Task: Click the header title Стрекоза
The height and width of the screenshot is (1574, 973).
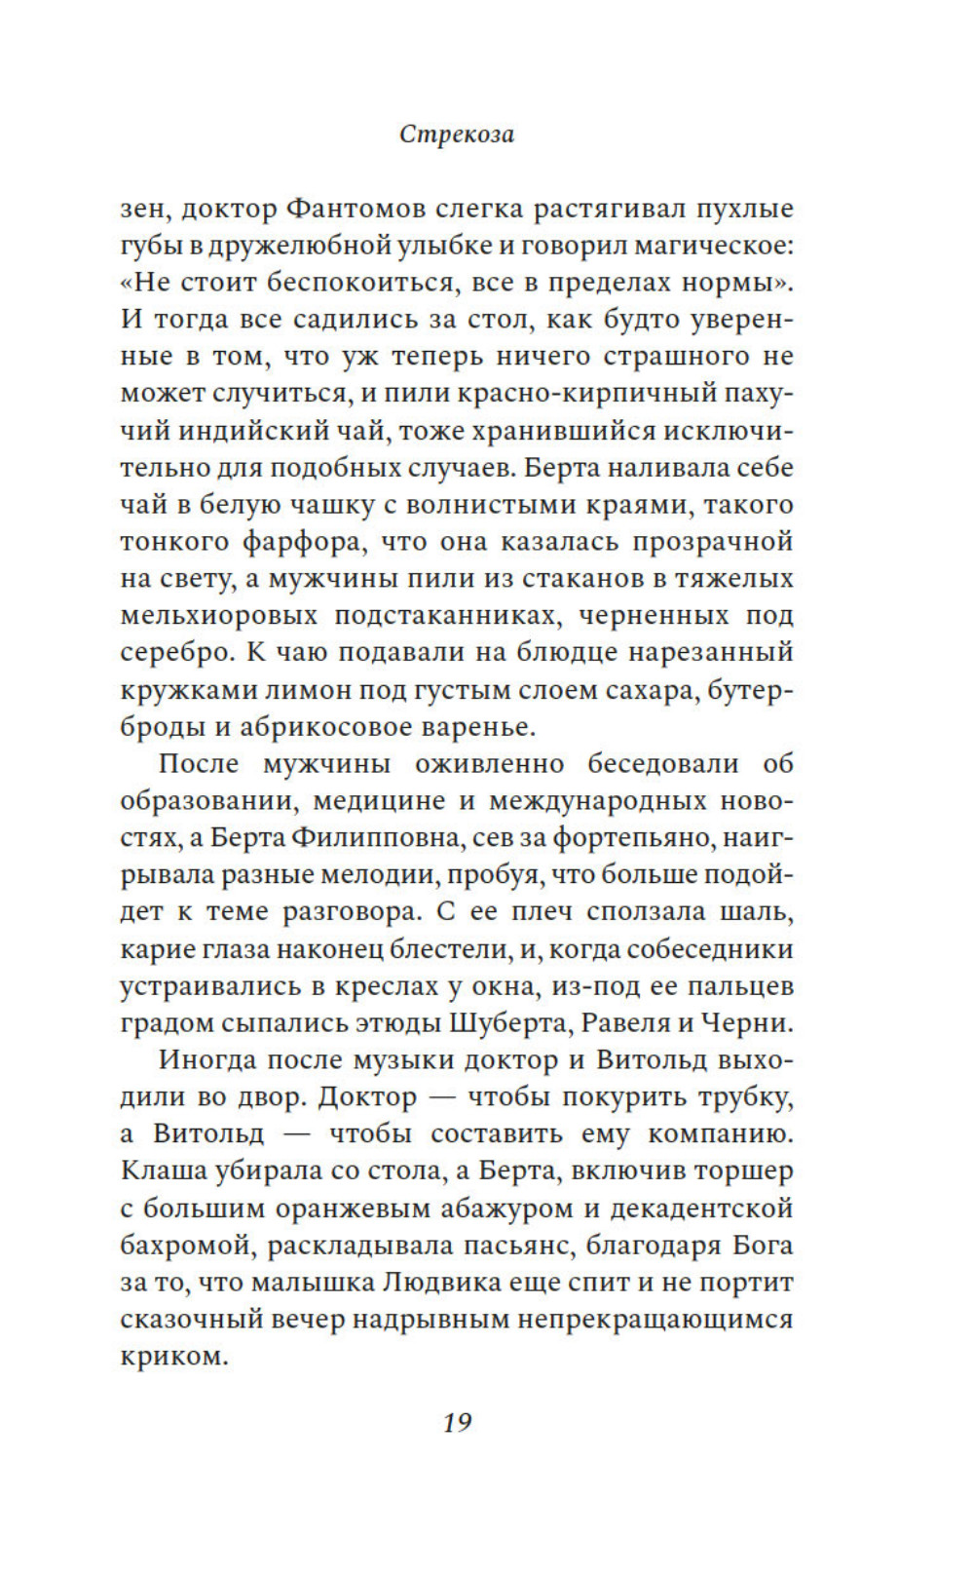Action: tap(456, 134)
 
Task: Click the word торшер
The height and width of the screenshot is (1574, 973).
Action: tap(746, 1171)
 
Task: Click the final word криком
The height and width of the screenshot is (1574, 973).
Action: tap(173, 1357)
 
